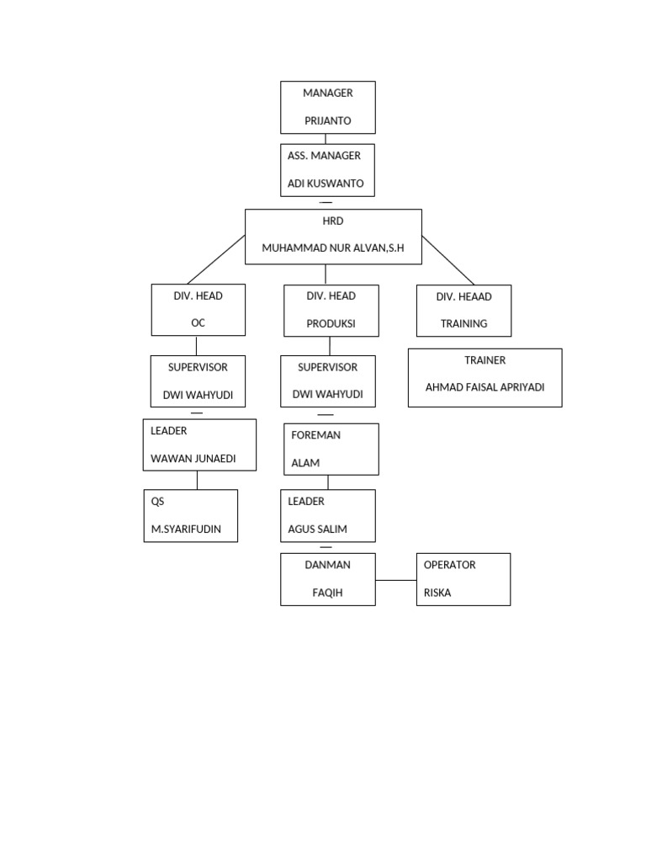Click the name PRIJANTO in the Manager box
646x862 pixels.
tap(327, 121)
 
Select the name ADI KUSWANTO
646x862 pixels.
tap(326, 184)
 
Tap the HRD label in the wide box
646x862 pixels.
tap(333, 221)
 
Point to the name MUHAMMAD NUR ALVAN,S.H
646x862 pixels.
tap(333, 248)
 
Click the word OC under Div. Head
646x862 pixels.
tap(199, 323)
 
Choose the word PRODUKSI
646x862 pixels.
tap(331, 323)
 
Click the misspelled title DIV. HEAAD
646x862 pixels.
tap(463, 297)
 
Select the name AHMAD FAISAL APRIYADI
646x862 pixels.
tap(485, 387)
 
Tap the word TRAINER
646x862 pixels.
tap(485, 360)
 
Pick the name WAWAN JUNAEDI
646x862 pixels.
tap(193, 458)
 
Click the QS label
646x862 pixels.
tap(157, 502)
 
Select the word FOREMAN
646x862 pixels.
tap(315, 435)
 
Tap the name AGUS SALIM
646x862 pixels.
tap(317, 529)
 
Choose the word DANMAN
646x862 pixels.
tap(327, 565)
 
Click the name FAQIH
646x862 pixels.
tap(327, 593)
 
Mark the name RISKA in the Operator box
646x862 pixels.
tap(437, 593)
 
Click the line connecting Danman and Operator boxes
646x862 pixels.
tap(395, 580)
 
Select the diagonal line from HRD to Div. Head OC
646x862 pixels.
tap(215, 259)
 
